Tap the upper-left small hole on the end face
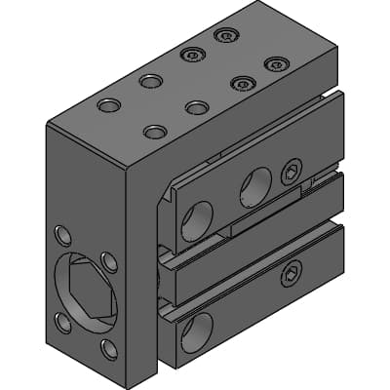(x=63, y=235)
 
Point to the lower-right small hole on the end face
(x=109, y=347)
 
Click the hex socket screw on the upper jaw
(x=291, y=173)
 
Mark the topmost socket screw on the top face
(x=225, y=36)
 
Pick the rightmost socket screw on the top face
(x=275, y=64)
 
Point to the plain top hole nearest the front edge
(x=154, y=131)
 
